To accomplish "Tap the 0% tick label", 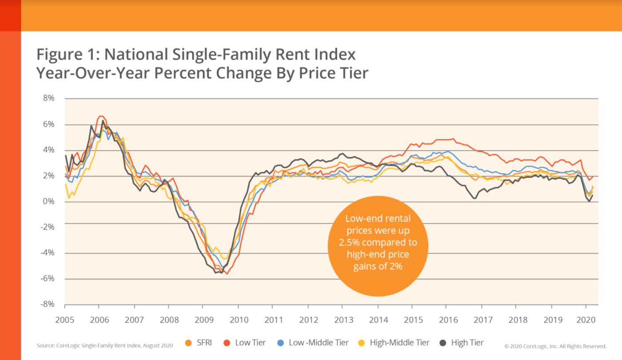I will coord(48,201).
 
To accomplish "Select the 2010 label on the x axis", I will coord(238,319).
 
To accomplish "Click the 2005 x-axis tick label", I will coord(65,319).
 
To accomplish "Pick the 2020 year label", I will coord(586,319).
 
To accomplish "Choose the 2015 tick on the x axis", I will coord(411,319).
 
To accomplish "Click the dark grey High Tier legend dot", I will coord(443,343).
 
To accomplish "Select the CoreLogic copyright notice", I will coord(555,346).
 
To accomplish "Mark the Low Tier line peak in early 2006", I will coord(100,116).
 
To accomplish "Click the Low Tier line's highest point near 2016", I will coord(453,139).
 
